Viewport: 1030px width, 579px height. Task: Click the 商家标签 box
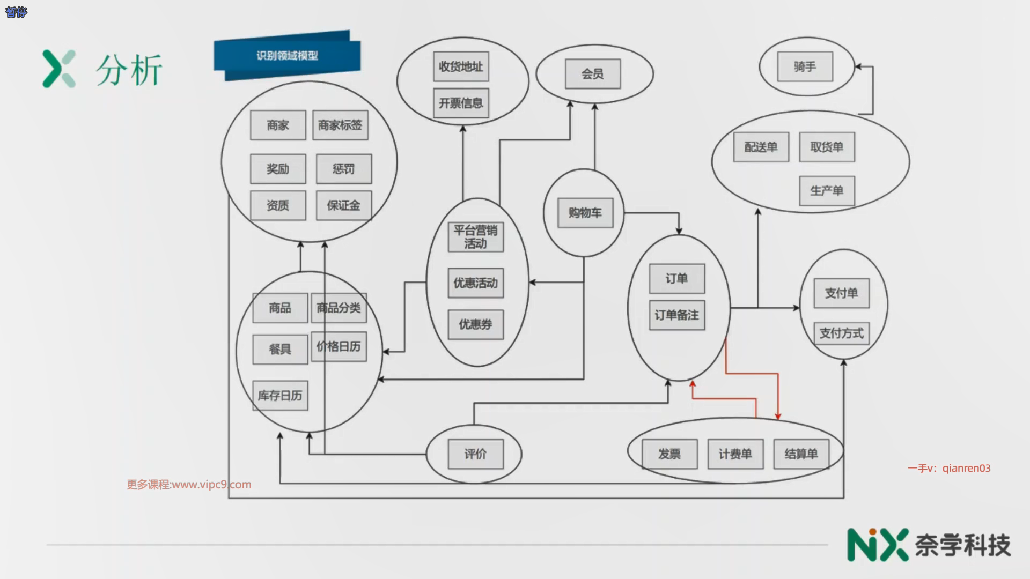tap(340, 125)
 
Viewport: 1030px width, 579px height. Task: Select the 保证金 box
tap(343, 205)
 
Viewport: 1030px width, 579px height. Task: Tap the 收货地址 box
tap(461, 66)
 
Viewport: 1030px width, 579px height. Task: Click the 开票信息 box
tap(461, 103)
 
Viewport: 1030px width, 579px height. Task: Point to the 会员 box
tap(593, 74)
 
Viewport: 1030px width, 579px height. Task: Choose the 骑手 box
tap(805, 66)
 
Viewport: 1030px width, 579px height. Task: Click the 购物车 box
tap(585, 213)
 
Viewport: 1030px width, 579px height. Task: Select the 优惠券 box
tap(475, 324)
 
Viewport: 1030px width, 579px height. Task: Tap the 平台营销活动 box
tap(475, 237)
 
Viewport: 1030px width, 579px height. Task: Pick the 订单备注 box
tap(677, 315)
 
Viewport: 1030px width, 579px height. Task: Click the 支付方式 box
tap(842, 333)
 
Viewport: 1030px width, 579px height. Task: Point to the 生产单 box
tap(827, 191)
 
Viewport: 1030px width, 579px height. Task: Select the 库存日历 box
tap(280, 396)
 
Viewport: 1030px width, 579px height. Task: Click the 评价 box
tap(475, 454)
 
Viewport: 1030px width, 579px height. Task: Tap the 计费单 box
tap(735, 454)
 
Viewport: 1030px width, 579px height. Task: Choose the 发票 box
tap(669, 454)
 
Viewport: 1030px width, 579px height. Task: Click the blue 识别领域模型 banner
tap(287, 56)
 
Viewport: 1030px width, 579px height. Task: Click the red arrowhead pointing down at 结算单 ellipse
tap(778, 416)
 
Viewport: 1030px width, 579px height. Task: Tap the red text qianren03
tap(966, 468)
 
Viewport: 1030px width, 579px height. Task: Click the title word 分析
tap(129, 70)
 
